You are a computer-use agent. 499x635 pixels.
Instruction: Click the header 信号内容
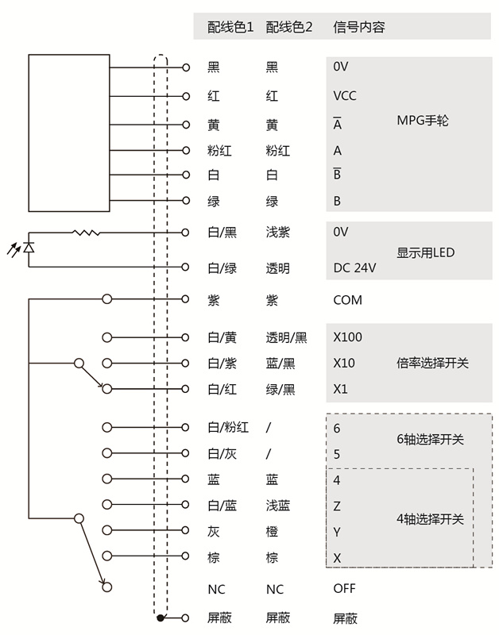tap(358, 27)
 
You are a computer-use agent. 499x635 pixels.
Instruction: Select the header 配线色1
tap(230, 27)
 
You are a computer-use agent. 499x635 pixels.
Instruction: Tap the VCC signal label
tap(345, 96)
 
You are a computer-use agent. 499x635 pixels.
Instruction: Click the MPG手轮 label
tap(423, 121)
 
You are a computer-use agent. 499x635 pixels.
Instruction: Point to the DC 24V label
tap(354, 268)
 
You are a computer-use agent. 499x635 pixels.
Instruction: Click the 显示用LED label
tap(425, 253)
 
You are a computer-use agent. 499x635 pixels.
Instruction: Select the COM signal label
tap(347, 300)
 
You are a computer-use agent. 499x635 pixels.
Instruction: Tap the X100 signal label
tap(347, 337)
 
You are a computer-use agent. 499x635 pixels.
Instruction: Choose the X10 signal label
tap(344, 363)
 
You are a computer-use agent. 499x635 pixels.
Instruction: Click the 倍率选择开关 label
tap(432, 363)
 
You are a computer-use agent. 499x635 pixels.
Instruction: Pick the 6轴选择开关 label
tap(429, 439)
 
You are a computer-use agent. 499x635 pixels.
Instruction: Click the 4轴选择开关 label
tap(429, 519)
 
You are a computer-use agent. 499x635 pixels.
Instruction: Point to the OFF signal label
tap(344, 588)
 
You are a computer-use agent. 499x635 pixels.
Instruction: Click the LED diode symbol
tap(29, 248)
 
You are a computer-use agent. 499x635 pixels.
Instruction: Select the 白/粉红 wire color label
tap(228, 428)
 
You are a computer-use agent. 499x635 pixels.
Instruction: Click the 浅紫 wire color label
tap(278, 233)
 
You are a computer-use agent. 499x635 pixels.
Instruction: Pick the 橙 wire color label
tap(272, 532)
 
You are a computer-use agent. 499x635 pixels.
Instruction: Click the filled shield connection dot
tap(161, 618)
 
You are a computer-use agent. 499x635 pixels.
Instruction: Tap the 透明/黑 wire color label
tap(286, 337)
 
